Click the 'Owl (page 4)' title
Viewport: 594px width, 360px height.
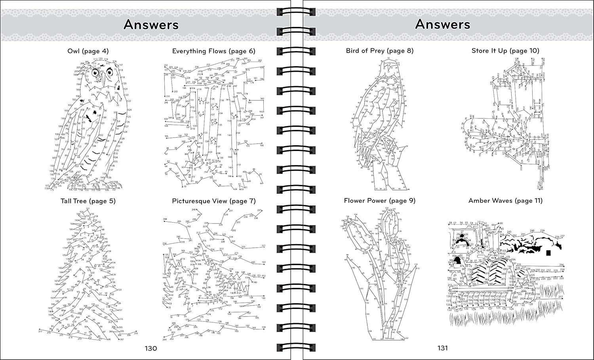click(88, 51)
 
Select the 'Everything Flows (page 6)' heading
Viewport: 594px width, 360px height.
click(213, 51)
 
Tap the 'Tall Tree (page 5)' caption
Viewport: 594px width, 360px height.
click(88, 201)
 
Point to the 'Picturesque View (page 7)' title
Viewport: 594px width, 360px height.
click(213, 201)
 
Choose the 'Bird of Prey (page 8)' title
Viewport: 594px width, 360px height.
click(379, 51)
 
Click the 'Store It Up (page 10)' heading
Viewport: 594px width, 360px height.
click(505, 51)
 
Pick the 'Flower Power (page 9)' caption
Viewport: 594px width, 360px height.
click(379, 201)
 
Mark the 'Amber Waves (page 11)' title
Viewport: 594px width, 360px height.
click(505, 201)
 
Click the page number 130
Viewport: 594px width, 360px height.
click(150, 349)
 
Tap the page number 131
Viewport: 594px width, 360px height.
click(442, 348)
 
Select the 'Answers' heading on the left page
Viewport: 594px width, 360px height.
click(151, 25)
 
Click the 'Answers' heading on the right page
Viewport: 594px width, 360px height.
click(442, 25)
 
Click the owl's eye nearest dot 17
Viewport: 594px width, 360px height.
click(95, 73)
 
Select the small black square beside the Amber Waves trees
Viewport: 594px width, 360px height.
click(548, 253)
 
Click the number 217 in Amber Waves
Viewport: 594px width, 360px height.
click(560, 297)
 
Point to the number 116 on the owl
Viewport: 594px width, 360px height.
click(114, 62)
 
